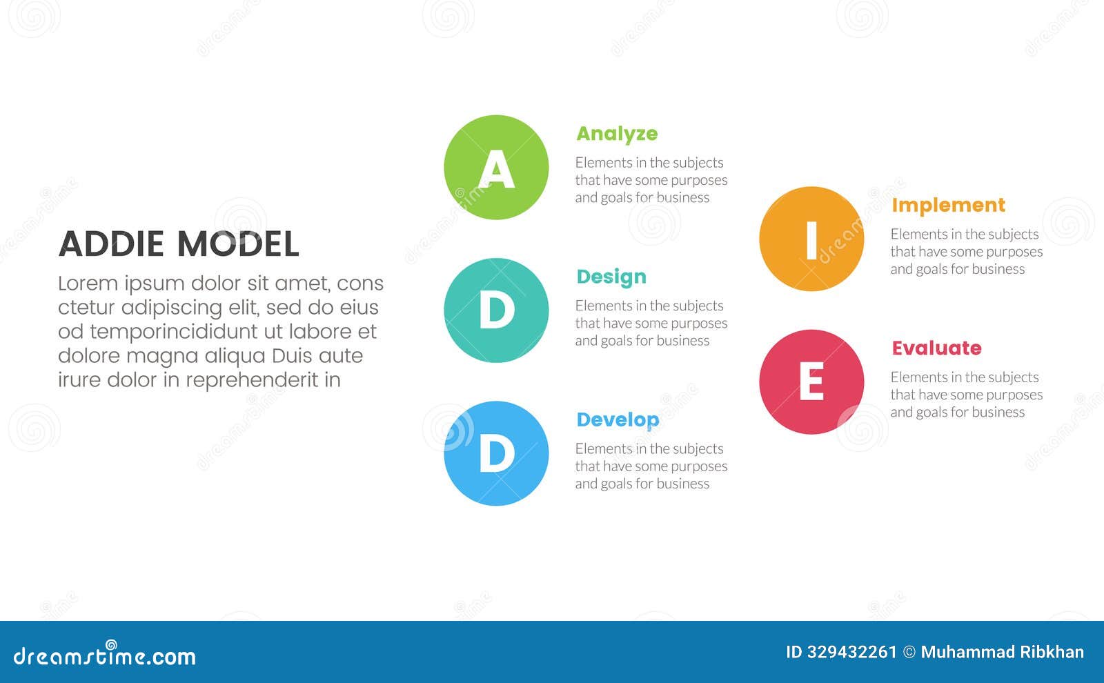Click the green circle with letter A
click(496, 168)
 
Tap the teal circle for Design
click(496, 310)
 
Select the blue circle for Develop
click(496, 453)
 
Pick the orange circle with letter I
click(811, 239)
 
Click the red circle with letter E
click(811, 382)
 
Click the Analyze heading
click(617, 134)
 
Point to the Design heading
click(611, 277)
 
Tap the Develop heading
click(618, 419)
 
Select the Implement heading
click(948, 206)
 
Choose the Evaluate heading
click(936, 348)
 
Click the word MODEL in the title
click(238, 244)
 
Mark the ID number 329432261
click(851, 652)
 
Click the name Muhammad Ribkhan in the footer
click(1002, 652)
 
